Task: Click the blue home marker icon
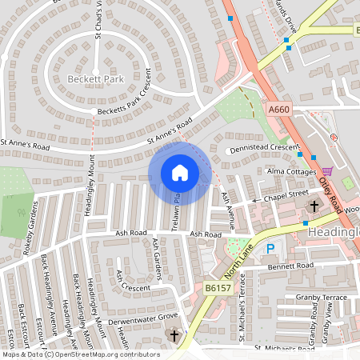[180, 172]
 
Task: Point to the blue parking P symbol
[270, 249]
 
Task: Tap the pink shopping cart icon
[327, 170]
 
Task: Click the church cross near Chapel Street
[314, 206]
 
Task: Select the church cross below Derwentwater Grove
[174, 336]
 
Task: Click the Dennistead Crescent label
[262, 148]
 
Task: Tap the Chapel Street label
[286, 193]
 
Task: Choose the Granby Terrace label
[322, 297]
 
